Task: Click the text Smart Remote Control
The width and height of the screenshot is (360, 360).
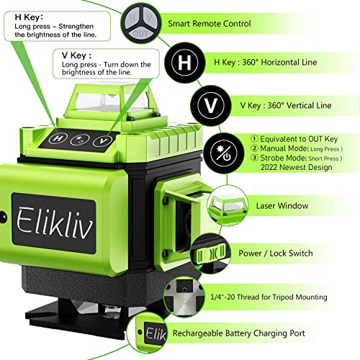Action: pos(210,24)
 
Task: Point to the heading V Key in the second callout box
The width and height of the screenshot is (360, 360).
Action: pos(74,54)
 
